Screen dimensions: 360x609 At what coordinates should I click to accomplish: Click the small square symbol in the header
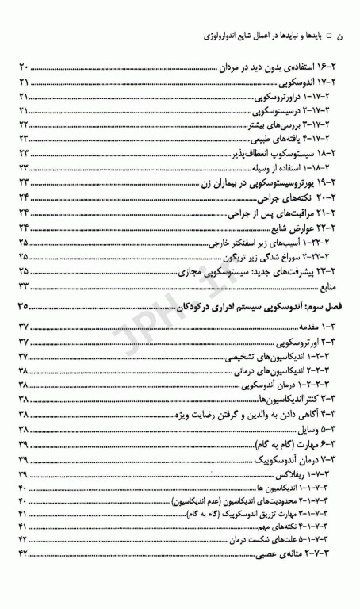click(x=336, y=37)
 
